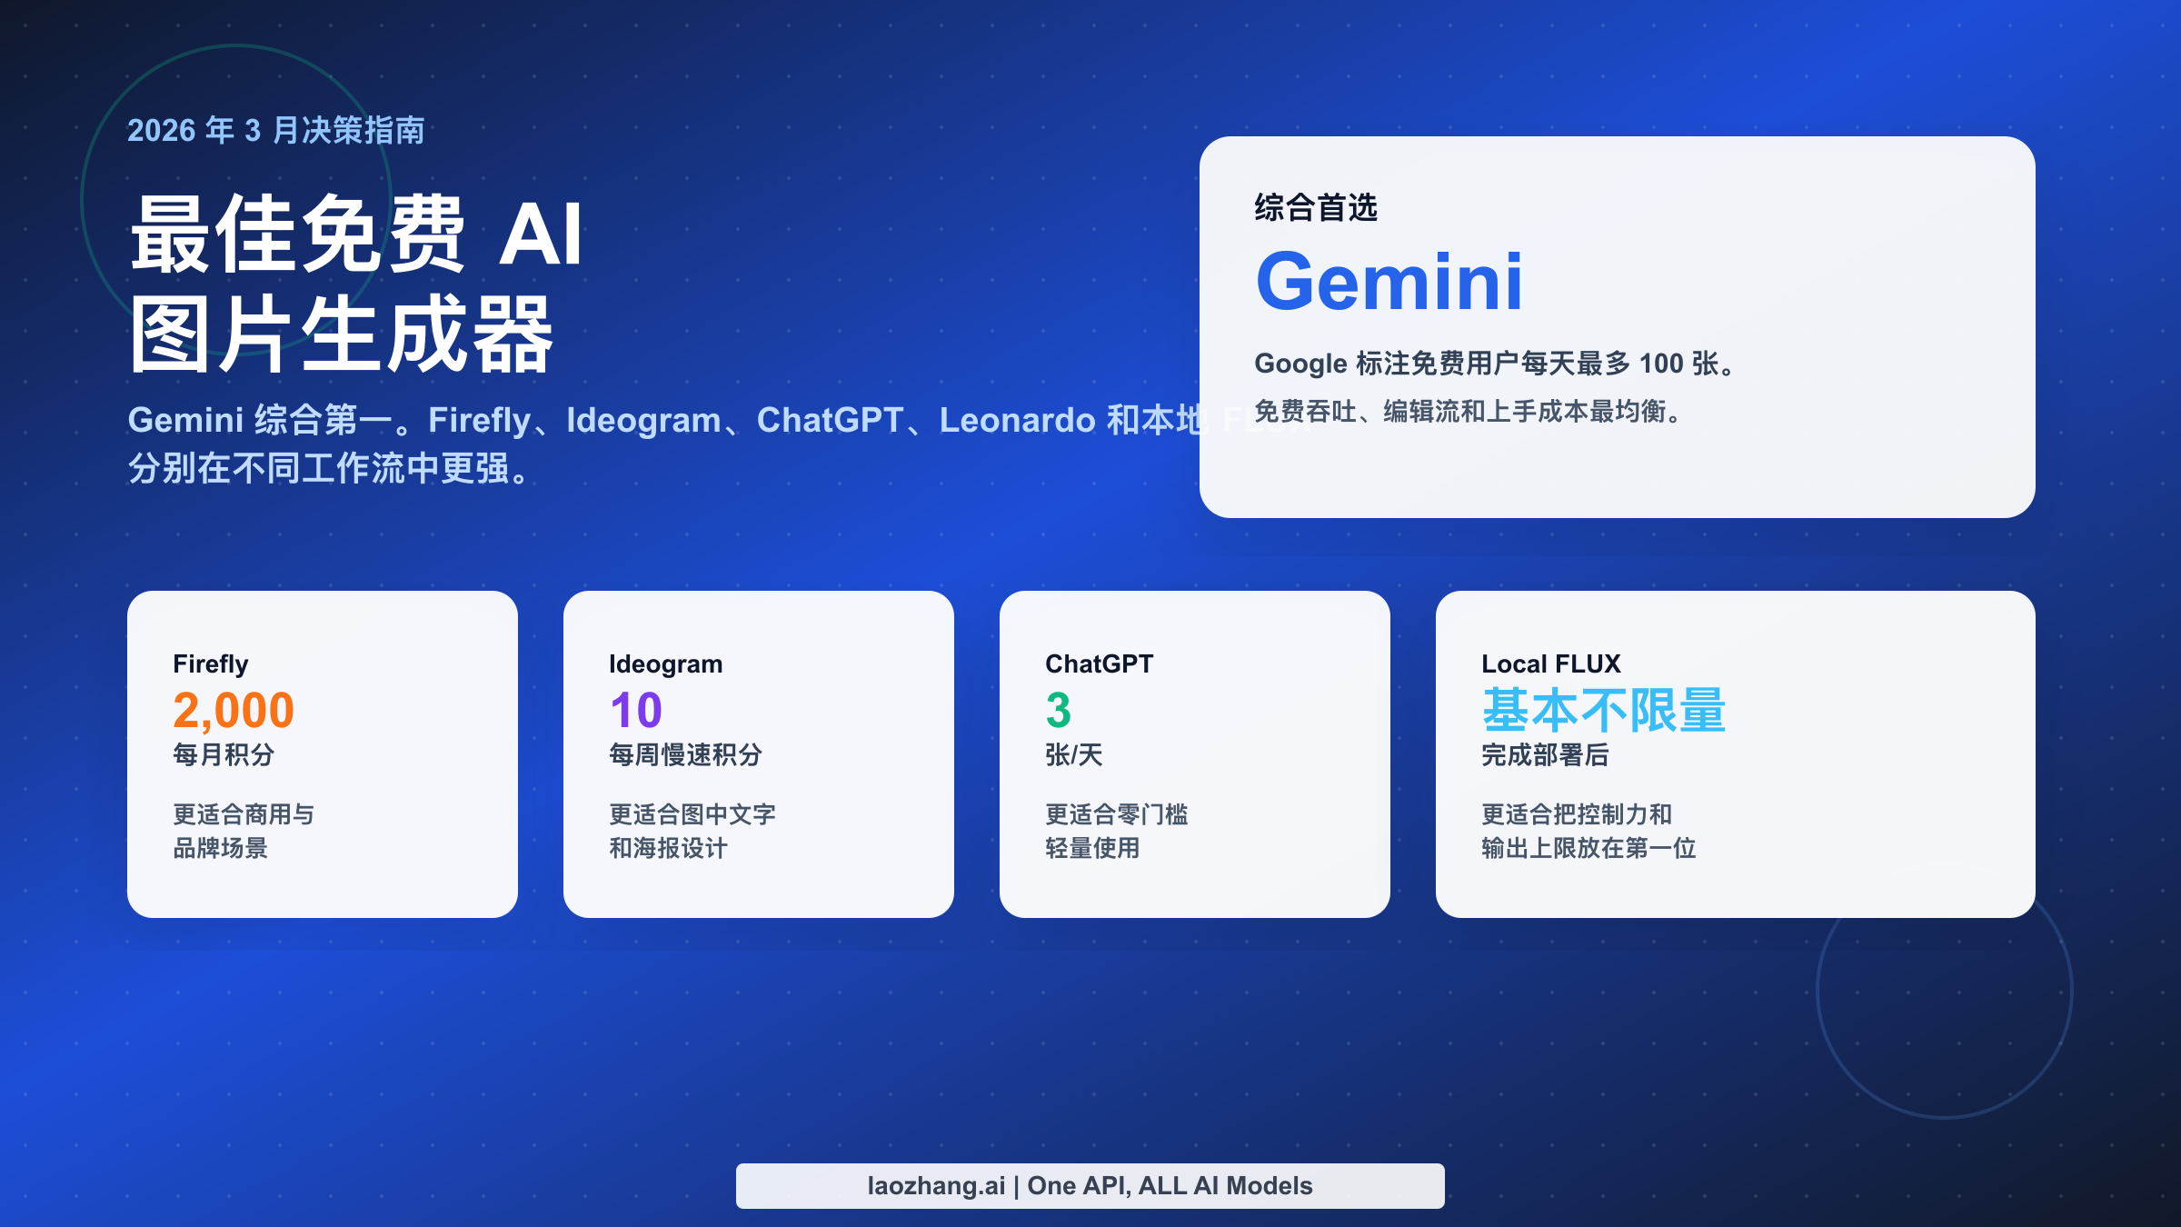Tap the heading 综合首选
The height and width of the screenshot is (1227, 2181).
click(x=1316, y=208)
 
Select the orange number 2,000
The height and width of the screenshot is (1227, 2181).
click(x=234, y=710)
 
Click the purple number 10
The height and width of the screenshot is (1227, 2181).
click(x=636, y=710)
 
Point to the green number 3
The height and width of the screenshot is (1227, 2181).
click(x=1059, y=710)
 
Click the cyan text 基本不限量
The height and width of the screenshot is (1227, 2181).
click(x=1604, y=710)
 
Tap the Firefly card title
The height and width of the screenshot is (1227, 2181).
click(x=211, y=664)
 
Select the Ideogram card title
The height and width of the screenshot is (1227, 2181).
click(x=666, y=664)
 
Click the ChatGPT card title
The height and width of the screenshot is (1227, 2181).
click(x=1100, y=664)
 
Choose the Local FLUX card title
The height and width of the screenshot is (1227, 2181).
click(x=1551, y=664)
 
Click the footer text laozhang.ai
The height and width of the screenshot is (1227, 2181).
click(x=936, y=1186)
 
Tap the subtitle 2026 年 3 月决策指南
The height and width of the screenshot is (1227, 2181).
click(x=276, y=131)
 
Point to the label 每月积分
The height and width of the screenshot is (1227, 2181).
click(x=224, y=754)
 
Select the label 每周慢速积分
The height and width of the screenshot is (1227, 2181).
click(x=686, y=754)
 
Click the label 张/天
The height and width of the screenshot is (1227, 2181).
click(x=1074, y=754)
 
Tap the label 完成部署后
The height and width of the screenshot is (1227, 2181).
click(x=1545, y=754)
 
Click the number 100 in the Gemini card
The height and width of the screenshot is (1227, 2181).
click(x=1661, y=364)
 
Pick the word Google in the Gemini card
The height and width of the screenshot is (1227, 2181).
click(x=1300, y=364)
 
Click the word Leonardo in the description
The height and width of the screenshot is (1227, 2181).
click(x=1017, y=420)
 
